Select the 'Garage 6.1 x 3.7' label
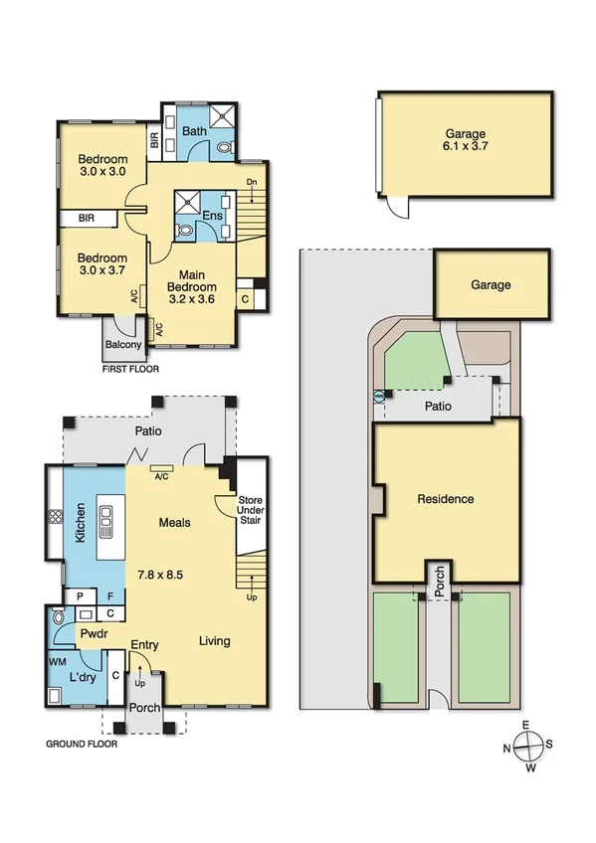pyautogui.click(x=466, y=139)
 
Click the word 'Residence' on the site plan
pyautogui.click(x=445, y=499)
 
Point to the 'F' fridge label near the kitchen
pyautogui.click(x=111, y=595)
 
